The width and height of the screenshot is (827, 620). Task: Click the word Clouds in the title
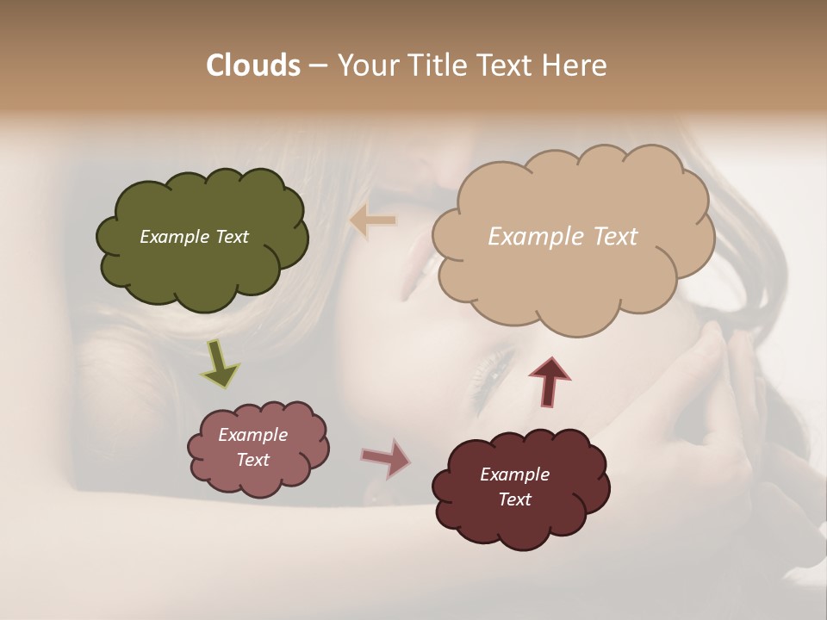[x=252, y=65]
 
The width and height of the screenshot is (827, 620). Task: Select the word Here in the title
[x=575, y=65]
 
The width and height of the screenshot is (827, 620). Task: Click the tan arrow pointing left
[x=373, y=221]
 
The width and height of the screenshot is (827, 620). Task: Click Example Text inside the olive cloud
[x=194, y=237]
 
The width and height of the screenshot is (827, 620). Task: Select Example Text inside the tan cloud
[x=563, y=237]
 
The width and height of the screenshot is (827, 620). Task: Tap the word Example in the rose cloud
[x=252, y=436]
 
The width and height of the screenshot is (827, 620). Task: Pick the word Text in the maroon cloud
[x=514, y=500]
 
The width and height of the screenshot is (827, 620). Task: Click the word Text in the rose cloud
[x=252, y=461]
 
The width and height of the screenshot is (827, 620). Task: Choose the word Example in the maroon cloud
[x=514, y=475]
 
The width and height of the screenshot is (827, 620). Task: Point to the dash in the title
[x=317, y=65]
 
